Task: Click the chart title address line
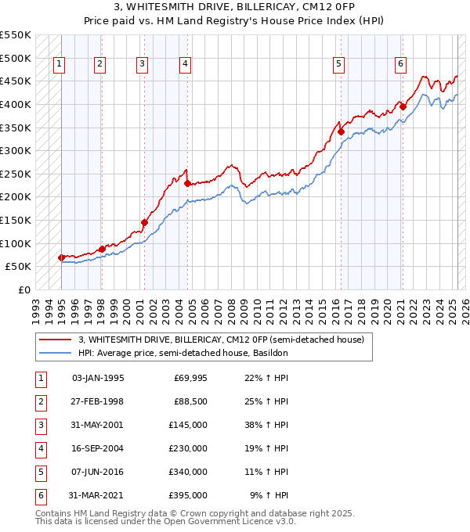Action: pyautogui.click(x=235, y=8)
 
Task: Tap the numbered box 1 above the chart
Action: pyautogui.click(x=60, y=64)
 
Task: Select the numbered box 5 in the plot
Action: pyautogui.click(x=338, y=64)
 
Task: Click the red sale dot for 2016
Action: pyautogui.click(x=342, y=132)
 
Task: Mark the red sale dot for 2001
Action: pyautogui.click(x=144, y=222)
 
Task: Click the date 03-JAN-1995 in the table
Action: pyautogui.click(x=97, y=378)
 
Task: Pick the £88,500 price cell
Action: pyautogui.click(x=190, y=401)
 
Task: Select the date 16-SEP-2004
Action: pyautogui.click(x=97, y=448)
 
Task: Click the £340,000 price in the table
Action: pyautogui.click(x=189, y=472)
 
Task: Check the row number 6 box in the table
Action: pyautogui.click(x=40, y=495)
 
